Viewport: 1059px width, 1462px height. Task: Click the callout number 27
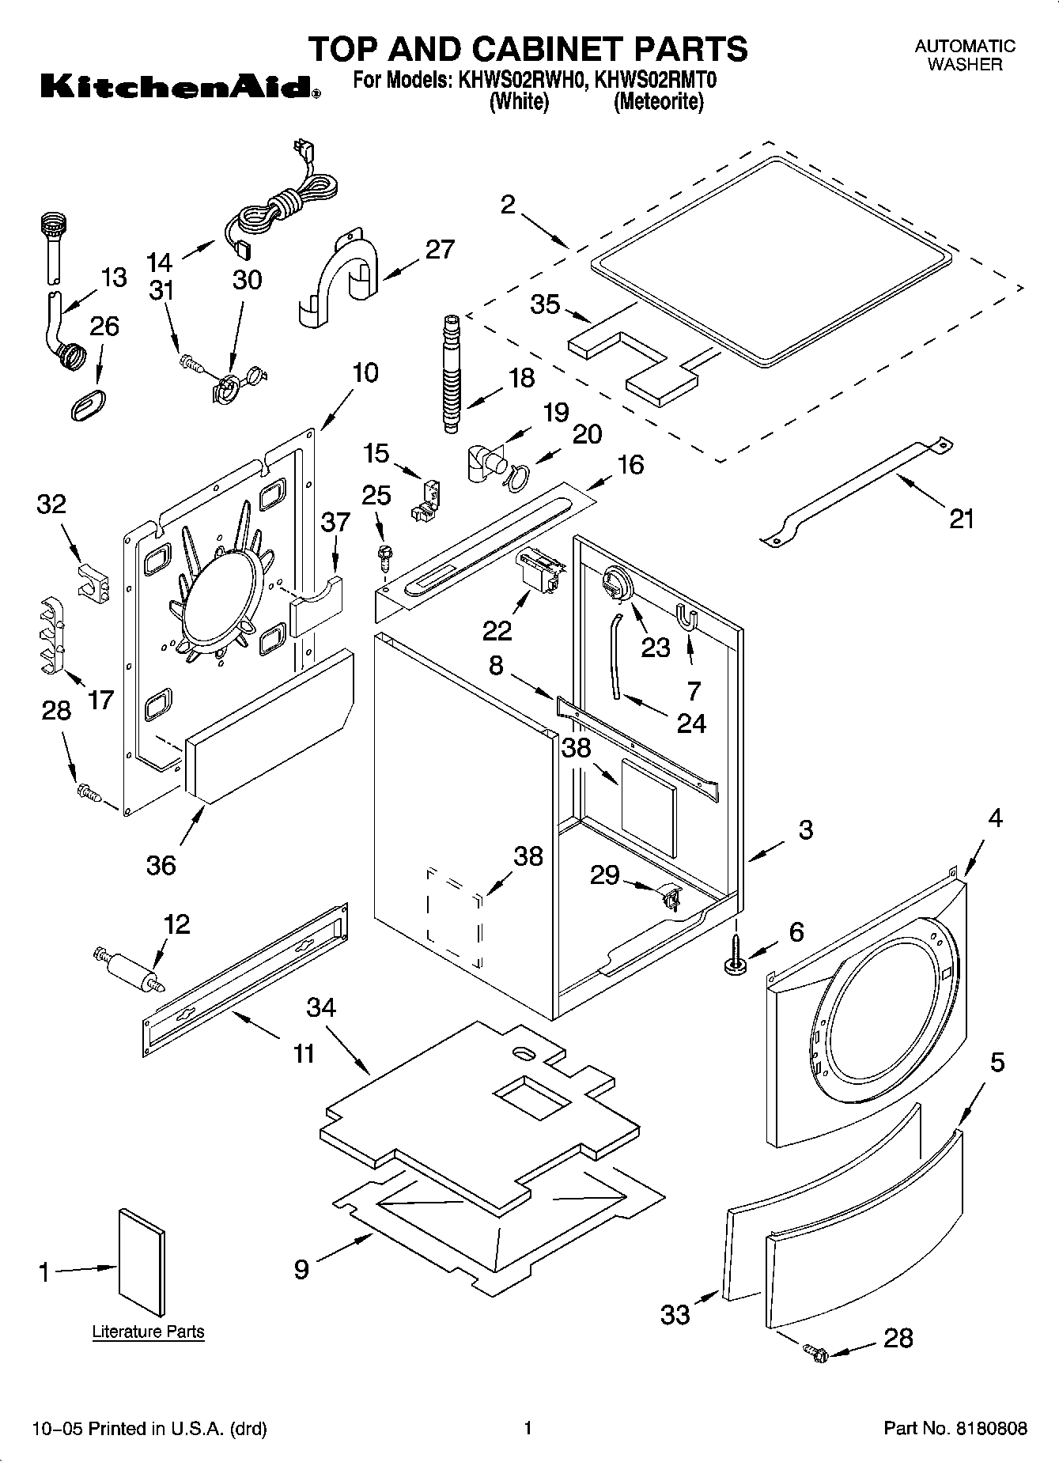(x=440, y=250)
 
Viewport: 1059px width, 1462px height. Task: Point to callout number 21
(x=961, y=519)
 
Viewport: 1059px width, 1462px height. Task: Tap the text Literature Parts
(x=148, y=1332)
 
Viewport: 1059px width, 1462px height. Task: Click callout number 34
(x=321, y=1007)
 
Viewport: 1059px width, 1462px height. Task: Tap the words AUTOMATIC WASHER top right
(x=964, y=55)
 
